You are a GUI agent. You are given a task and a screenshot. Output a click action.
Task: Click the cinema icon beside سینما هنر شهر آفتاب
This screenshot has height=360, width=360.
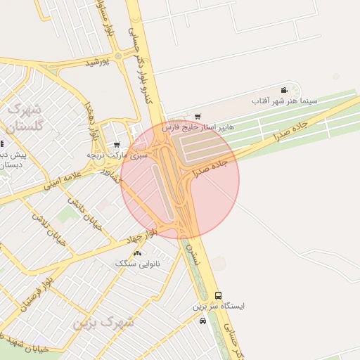tap(284, 90)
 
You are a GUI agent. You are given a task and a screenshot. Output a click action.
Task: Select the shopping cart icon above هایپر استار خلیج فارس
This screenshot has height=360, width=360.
tap(198, 117)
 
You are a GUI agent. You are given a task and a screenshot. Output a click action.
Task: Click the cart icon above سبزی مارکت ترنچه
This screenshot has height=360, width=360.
tap(117, 144)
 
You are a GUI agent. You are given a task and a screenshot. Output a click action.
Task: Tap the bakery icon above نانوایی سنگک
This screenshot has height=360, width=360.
tap(137, 253)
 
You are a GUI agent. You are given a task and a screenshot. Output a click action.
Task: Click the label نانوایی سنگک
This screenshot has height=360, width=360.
tap(137, 264)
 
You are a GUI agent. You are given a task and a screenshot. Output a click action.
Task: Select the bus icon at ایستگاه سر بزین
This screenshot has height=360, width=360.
tap(218, 296)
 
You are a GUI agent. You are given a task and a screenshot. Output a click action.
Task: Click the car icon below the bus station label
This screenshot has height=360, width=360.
tap(203, 321)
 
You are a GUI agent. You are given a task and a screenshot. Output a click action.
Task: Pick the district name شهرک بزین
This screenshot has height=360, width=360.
tap(103, 323)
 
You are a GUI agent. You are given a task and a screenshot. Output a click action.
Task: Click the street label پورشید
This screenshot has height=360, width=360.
tap(98, 63)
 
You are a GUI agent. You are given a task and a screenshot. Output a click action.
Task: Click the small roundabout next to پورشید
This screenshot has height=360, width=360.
tap(118, 56)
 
